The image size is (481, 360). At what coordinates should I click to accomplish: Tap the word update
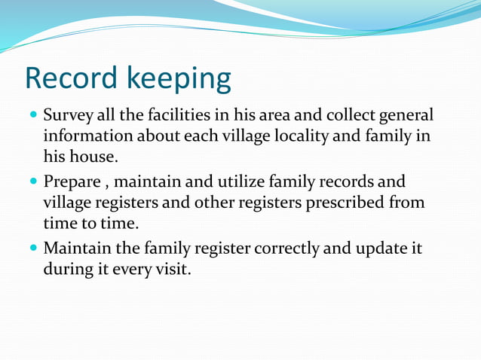382,248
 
